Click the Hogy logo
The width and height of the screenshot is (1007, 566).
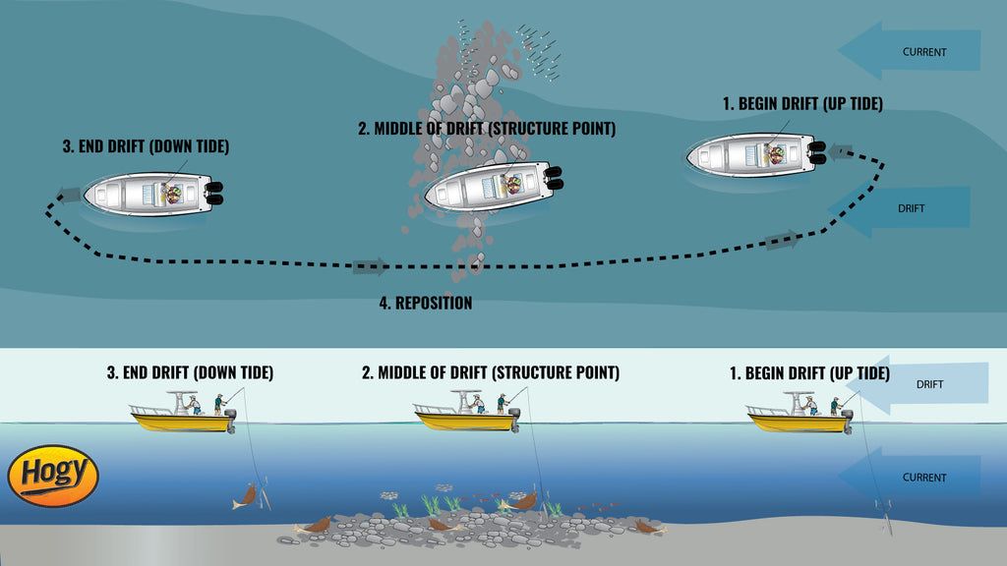(53, 476)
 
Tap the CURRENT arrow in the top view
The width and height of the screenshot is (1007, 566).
(909, 51)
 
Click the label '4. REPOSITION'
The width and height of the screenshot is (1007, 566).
(426, 303)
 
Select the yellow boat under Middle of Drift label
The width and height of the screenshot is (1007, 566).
(466, 419)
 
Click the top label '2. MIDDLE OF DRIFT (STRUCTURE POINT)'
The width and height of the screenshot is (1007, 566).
(486, 129)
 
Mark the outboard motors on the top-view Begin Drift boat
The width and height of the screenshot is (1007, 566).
(817, 153)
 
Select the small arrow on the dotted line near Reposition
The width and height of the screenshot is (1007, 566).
(370, 266)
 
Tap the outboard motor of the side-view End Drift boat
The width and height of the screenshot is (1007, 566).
(231, 420)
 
